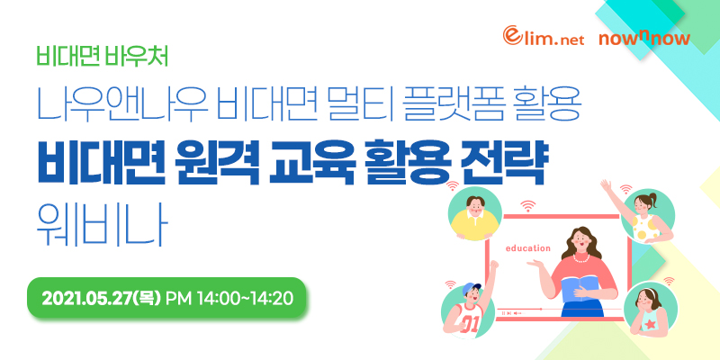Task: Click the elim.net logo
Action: click(544, 36)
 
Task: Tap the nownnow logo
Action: click(643, 38)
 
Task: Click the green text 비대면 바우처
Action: click(103, 57)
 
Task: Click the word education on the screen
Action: click(527, 248)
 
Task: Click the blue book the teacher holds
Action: click(580, 286)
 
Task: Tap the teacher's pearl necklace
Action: click(581, 259)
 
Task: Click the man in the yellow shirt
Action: click(474, 216)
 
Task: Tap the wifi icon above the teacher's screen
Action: click(529, 206)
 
